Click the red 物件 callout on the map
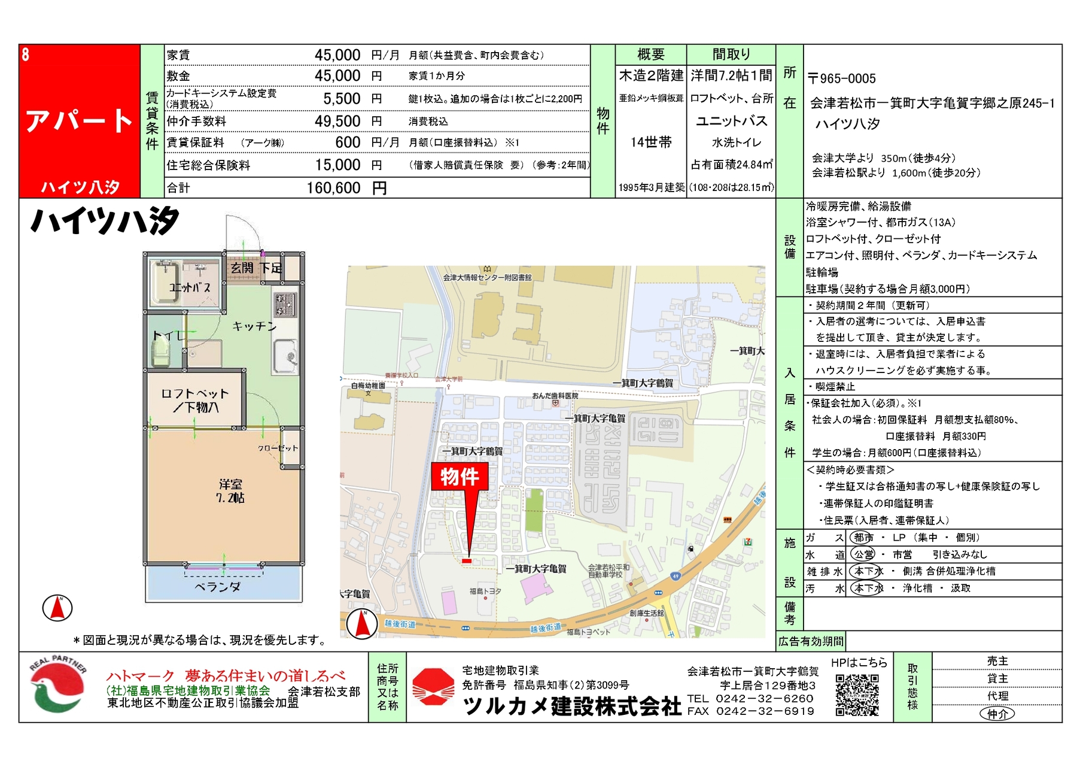(x=460, y=477)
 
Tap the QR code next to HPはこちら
(x=857, y=695)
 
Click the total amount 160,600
(x=333, y=188)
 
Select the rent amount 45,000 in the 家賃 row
(x=337, y=55)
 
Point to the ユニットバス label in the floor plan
(x=190, y=287)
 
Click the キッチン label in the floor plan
(x=254, y=326)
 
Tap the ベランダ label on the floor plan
(x=217, y=587)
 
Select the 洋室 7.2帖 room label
(x=230, y=491)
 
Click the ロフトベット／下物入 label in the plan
(x=194, y=400)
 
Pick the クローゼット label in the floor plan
(x=278, y=448)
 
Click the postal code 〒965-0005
(x=841, y=78)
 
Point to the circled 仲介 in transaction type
(x=997, y=714)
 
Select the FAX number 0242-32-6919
(x=765, y=711)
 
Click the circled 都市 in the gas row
(x=863, y=538)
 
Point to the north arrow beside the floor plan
(x=57, y=608)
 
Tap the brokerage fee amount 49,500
(x=337, y=121)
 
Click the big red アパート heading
(x=79, y=121)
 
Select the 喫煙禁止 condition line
(x=835, y=387)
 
